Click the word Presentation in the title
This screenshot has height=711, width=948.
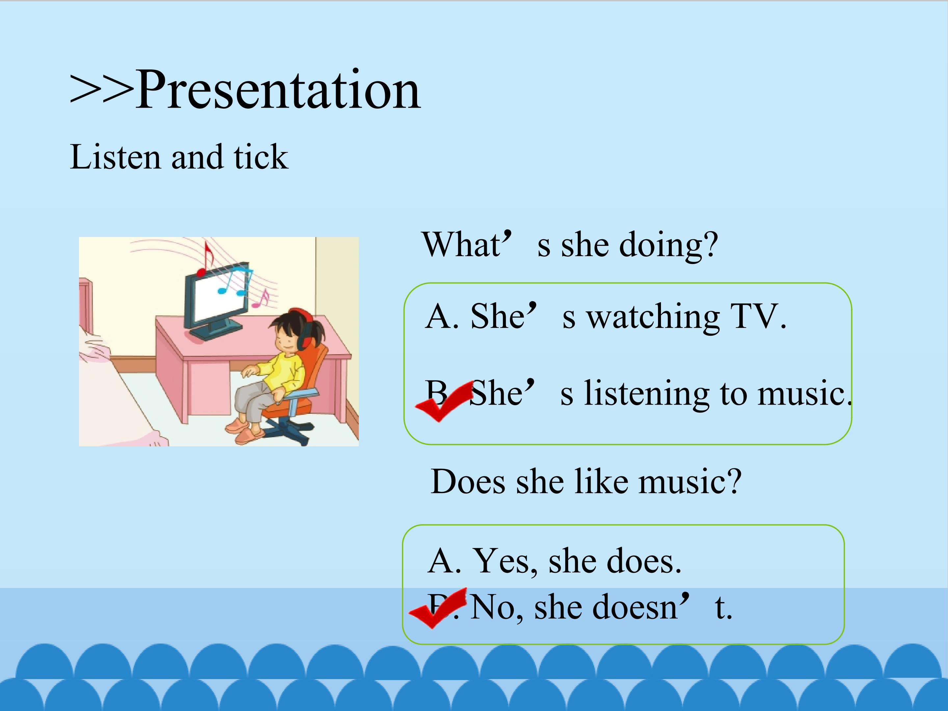point(278,90)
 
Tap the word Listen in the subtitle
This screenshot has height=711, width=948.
point(115,157)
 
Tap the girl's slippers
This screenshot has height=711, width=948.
point(242,431)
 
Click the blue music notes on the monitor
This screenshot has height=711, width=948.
point(234,281)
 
